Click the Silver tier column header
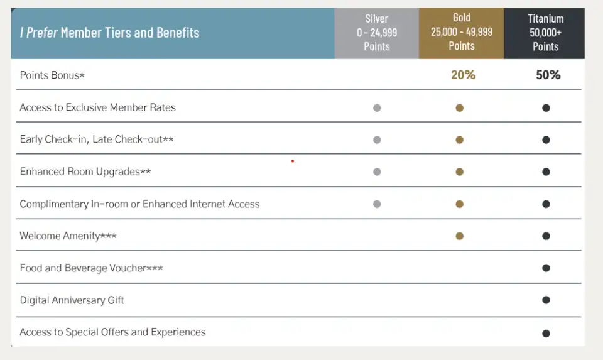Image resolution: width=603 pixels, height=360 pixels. pyautogui.click(x=377, y=33)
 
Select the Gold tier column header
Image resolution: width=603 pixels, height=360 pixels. pyautogui.click(x=462, y=32)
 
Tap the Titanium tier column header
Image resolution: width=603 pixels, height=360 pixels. pyautogui.click(x=545, y=33)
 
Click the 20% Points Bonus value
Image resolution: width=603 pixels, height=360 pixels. pyautogui.click(x=463, y=75)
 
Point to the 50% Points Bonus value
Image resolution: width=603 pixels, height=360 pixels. pyautogui.click(x=548, y=75)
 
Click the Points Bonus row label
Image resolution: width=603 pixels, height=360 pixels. pyautogui.click(x=52, y=75)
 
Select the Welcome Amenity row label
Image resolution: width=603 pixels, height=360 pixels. pyautogui.click(x=68, y=236)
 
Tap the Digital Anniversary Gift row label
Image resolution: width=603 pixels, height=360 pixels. pyautogui.click(x=72, y=300)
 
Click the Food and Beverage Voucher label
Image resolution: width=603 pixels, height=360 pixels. pyautogui.click(x=91, y=268)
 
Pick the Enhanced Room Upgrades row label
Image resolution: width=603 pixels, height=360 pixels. pyautogui.click(x=85, y=172)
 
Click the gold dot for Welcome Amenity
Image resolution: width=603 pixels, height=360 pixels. pyautogui.click(x=460, y=236)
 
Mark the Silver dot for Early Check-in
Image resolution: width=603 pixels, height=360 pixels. pyautogui.click(x=377, y=140)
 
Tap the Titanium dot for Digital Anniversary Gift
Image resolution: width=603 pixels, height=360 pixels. pyautogui.click(x=546, y=300)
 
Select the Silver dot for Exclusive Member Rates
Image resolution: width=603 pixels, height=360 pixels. pyautogui.click(x=377, y=108)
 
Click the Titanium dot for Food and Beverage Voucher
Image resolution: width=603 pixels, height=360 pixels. pyautogui.click(x=546, y=268)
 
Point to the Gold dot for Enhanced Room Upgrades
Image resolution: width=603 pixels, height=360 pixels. pyautogui.click(x=460, y=172)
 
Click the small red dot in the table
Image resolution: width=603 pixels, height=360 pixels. pyautogui.click(x=293, y=161)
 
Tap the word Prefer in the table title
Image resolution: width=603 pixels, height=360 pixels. pyautogui.click(x=41, y=33)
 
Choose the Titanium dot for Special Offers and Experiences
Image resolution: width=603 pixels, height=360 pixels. pyautogui.click(x=546, y=334)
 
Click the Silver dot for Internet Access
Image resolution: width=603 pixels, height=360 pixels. pyautogui.click(x=377, y=204)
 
